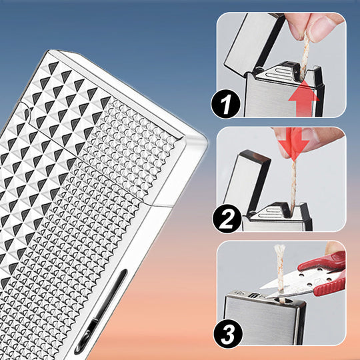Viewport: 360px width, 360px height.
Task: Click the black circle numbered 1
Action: (225, 104)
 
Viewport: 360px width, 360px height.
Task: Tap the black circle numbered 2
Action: (227, 219)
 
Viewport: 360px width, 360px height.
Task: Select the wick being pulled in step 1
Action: (305, 53)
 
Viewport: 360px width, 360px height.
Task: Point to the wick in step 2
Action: (293, 184)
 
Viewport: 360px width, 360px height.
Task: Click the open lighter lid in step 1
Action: (254, 41)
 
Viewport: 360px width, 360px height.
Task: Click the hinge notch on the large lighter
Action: (27, 113)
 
